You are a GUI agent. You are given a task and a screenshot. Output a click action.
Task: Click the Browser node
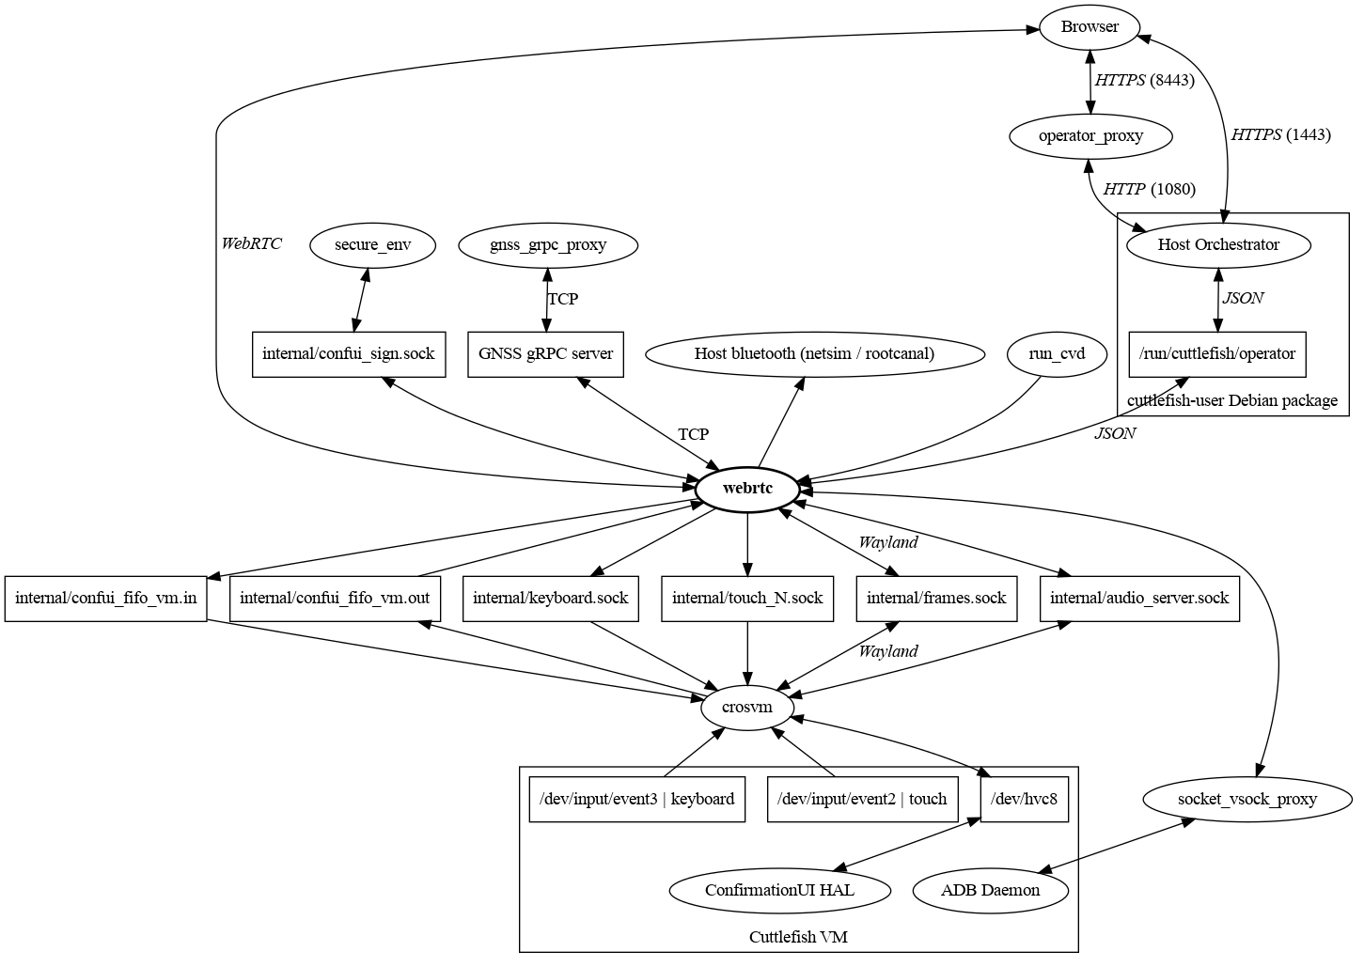pos(1090,27)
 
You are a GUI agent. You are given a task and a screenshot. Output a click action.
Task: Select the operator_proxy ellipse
pos(1090,136)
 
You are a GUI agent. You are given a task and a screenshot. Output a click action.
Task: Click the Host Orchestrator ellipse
pos(1218,245)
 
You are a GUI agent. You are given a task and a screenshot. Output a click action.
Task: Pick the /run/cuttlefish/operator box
pos(1217,354)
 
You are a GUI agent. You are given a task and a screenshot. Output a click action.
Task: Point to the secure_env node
pos(372,245)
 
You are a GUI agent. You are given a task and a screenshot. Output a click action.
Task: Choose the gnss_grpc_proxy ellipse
pos(548,245)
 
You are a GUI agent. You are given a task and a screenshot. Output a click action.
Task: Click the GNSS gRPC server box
pos(545,354)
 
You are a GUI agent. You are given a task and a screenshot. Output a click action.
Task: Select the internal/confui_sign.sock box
pos(349,354)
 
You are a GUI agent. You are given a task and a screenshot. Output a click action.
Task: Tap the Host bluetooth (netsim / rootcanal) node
pos(814,354)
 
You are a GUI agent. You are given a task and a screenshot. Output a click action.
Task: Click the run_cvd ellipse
pos(1057,354)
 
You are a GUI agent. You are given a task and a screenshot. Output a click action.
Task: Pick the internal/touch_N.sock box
pos(747,598)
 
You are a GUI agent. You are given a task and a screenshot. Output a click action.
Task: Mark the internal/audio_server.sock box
pos(1139,598)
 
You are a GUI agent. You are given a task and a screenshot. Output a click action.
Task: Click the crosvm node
pos(747,707)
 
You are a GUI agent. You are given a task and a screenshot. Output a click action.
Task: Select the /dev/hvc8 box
pos(1025,799)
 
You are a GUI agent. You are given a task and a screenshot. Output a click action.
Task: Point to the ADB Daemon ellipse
pos(990,890)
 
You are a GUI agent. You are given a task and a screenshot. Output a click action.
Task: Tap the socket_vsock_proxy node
pos(1247,800)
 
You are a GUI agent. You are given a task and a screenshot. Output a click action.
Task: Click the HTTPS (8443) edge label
pos(1144,81)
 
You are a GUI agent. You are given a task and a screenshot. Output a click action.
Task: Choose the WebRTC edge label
pos(251,244)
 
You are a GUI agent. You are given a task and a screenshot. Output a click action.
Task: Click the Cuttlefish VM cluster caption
pos(798,937)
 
